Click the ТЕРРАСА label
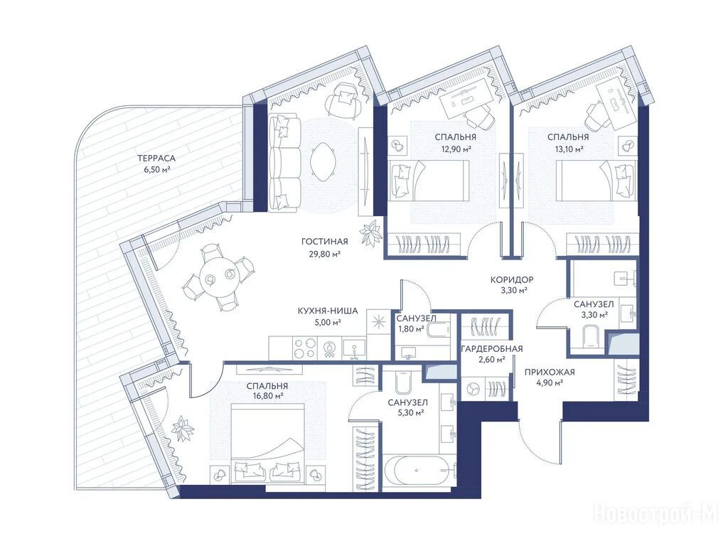click(156, 159)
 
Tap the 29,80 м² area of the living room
click(324, 254)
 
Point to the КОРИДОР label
click(512, 279)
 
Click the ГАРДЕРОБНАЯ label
click(492, 348)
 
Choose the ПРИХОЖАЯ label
click(550, 371)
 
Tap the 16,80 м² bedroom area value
click(267, 396)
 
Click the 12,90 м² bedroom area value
click(456, 149)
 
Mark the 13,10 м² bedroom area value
click(567, 149)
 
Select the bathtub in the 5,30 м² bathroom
click(418, 471)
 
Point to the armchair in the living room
click(343, 102)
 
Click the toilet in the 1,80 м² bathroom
click(438, 330)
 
